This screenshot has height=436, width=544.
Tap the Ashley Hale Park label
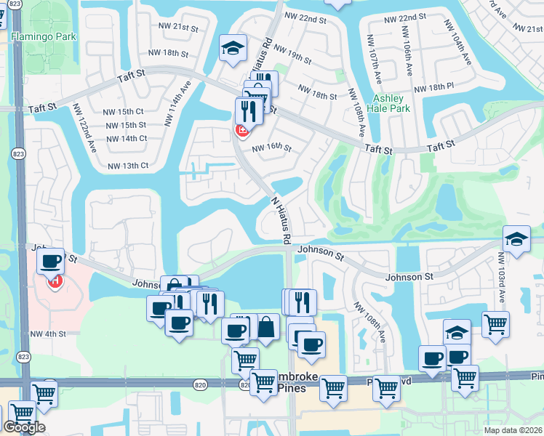[391, 103]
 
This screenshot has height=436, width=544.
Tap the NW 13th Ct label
[128, 166]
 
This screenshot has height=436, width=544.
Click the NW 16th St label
[272, 149]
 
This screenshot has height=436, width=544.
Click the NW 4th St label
[48, 334]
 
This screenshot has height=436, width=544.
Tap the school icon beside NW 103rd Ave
[516, 239]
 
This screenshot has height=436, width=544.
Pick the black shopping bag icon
[266, 327]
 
